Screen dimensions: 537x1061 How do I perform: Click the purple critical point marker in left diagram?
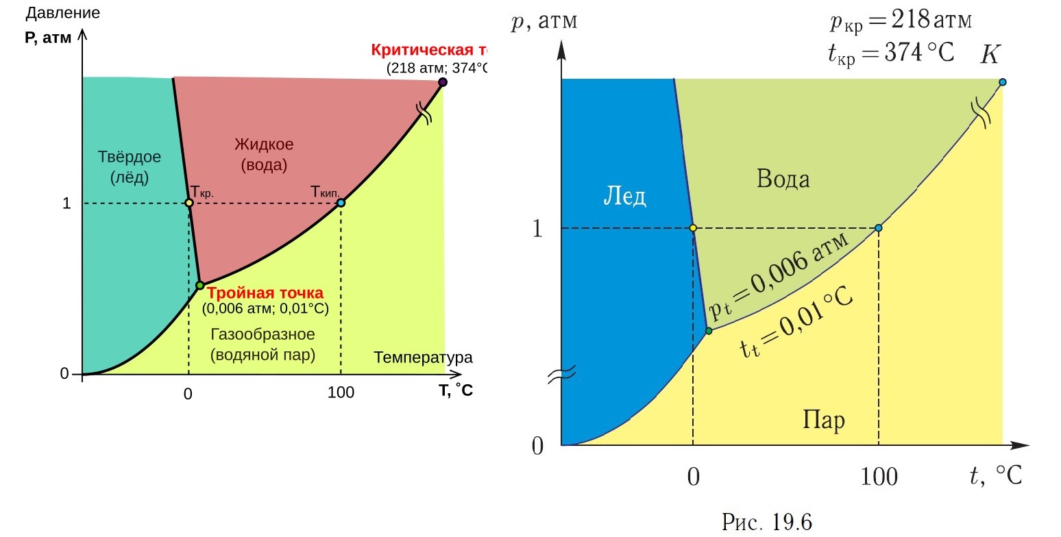pos(443,82)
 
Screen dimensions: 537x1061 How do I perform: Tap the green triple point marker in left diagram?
pos(199,285)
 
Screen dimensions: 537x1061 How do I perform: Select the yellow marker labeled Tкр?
pos(189,203)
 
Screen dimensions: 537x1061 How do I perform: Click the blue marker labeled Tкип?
pos(341,203)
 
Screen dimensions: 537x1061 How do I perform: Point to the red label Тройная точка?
pos(265,294)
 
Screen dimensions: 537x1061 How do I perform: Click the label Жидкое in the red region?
pos(264,145)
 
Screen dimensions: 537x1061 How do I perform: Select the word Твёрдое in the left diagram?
pos(130,157)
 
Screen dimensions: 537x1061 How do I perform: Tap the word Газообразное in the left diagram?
pos(263,335)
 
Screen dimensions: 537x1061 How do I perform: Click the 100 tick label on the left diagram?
pos(341,392)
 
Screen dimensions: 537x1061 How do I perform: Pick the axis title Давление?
pos(62,13)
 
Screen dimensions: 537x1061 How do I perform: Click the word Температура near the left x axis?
pos(423,358)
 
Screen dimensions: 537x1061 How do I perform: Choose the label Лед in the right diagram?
pos(624,197)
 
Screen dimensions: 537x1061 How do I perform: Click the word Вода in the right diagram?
pos(783,179)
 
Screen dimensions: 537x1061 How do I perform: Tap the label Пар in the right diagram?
pos(823,419)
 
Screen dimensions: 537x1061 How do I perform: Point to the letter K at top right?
pos(990,55)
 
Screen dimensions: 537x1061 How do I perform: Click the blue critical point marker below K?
pos(1002,82)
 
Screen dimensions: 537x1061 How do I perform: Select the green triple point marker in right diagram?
pos(709,331)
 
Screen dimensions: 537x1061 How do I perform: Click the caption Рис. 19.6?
pos(767,523)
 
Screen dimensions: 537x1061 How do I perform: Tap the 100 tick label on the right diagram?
pos(878,476)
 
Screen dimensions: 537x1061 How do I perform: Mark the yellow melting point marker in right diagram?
pos(693,228)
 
